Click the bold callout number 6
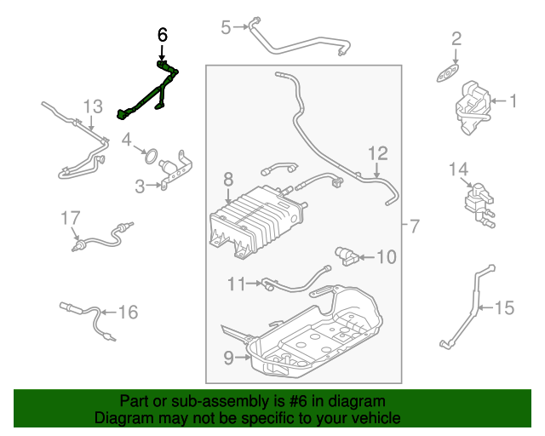tap(163, 35)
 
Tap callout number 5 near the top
tap(226, 27)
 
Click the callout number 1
tap(513, 102)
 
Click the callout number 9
tap(228, 359)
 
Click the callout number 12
tap(378, 153)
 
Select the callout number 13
tap(92, 106)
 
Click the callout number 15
tap(505, 307)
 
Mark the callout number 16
tap(127, 313)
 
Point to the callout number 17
tap(69, 219)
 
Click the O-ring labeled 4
tap(150, 156)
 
